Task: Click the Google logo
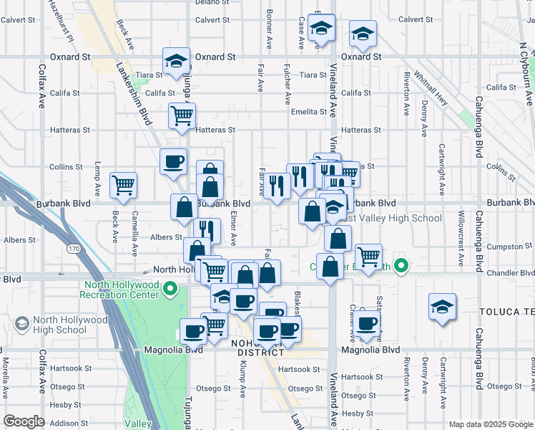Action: pos(24,421)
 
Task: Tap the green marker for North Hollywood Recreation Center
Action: pos(170,289)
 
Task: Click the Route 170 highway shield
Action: pos(74,249)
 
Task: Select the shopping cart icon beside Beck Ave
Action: pos(124,185)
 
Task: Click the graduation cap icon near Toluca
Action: pos(442,306)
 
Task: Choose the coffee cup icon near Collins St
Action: pos(173,163)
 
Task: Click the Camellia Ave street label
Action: pos(134,234)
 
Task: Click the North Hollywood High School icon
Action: pos(21,324)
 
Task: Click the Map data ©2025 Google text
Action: pos(490,424)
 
